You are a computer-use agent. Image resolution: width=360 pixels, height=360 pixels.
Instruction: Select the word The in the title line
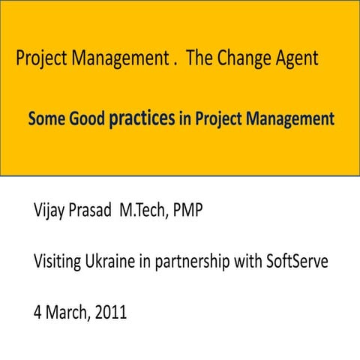click(199, 58)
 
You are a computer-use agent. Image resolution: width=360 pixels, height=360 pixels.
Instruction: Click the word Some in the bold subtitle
click(46, 119)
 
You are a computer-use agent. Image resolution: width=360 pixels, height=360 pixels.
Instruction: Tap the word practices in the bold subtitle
click(142, 119)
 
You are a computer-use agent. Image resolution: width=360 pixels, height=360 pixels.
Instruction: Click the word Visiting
click(60, 262)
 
